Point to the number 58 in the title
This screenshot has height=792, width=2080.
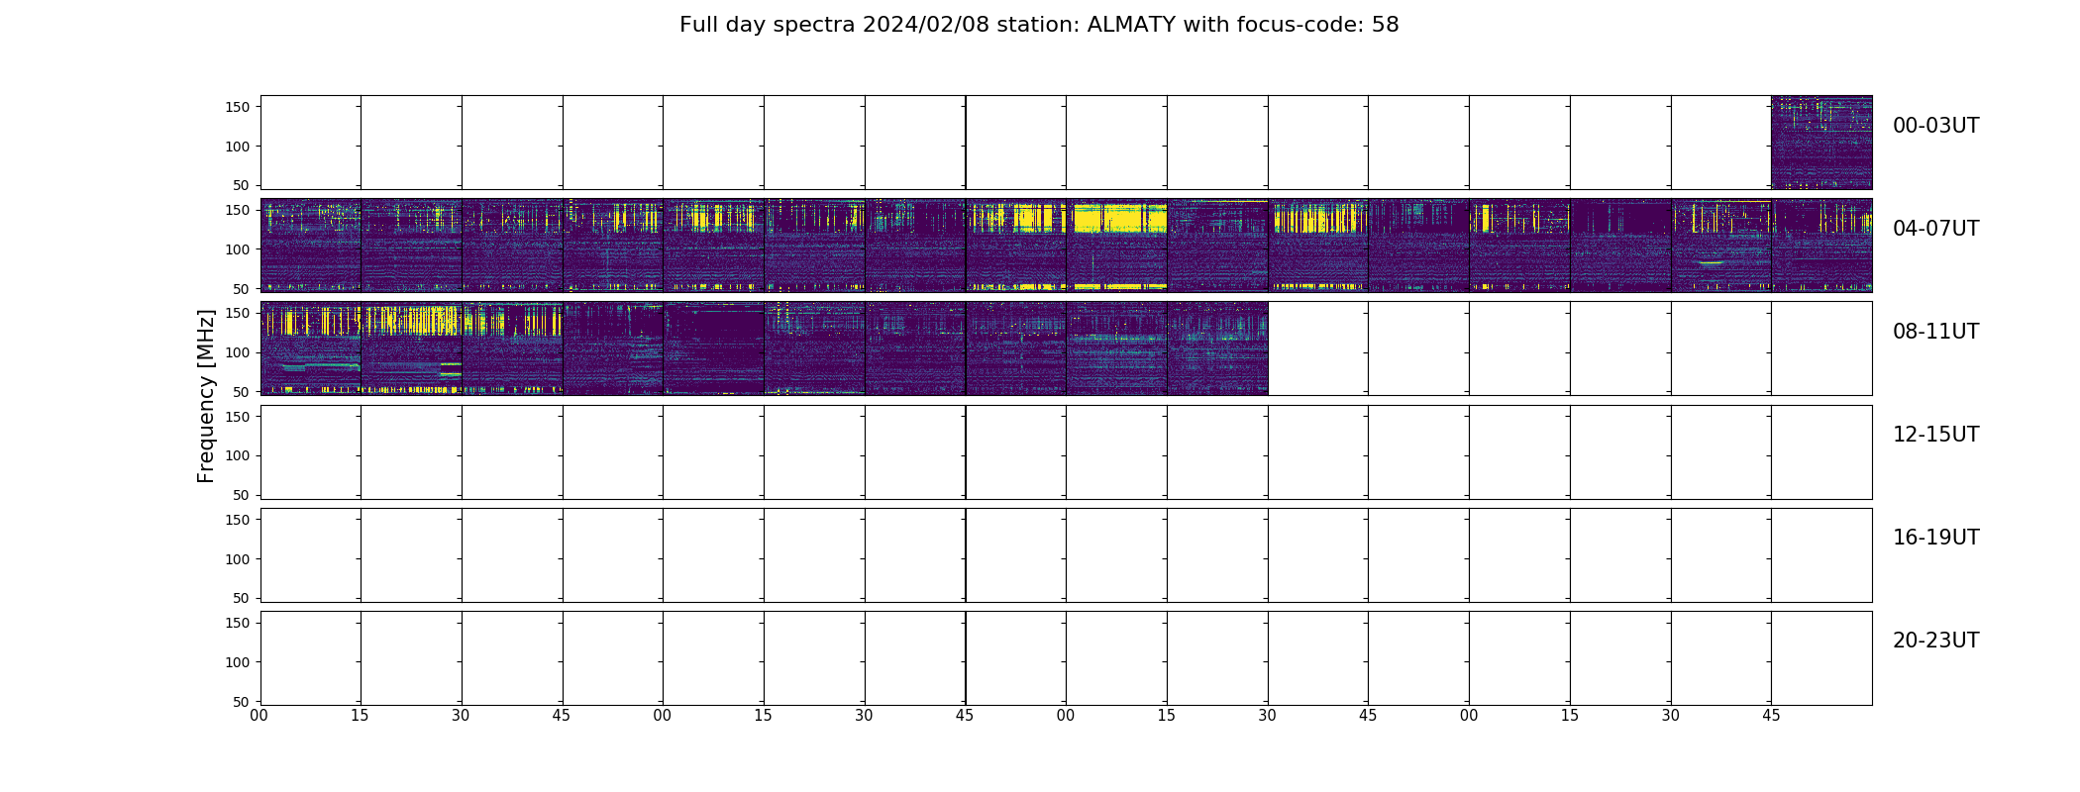(x=1386, y=25)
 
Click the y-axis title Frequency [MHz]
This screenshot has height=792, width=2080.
(x=206, y=396)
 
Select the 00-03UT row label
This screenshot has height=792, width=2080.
(x=1935, y=126)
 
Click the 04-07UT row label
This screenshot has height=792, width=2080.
(x=1935, y=229)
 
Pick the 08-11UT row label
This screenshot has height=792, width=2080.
(x=1935, y=332)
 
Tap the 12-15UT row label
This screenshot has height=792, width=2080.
(x=1935, y=435)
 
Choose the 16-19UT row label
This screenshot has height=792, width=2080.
(x=1935, y=538)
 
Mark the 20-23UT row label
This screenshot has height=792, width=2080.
(x=1935, y=641)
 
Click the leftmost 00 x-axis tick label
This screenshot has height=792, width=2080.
(x=260, y=716)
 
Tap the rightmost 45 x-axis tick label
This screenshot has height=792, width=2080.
(x=1771, y=716)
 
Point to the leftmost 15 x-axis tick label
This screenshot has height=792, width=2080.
(x=360, y=716)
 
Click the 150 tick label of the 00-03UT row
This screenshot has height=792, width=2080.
(x=238, y=107)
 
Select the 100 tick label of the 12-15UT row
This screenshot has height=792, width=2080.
(x=238, y=455)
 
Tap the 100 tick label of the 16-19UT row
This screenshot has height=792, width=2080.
(x=238, y=559)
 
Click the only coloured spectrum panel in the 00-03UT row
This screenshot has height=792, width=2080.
(x=1821, y=143)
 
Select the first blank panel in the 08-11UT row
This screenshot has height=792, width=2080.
(x=1318, y=348)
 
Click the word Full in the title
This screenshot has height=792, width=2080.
(x=696, y=25)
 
